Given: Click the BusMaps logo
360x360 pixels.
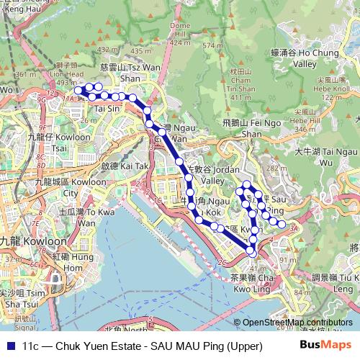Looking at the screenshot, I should tap(328, 345).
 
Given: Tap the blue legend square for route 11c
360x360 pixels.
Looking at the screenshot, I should tap(9, 346).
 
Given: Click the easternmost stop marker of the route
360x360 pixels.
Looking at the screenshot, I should tap(282, 225).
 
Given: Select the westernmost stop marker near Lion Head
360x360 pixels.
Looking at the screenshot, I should tap(78, 91).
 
